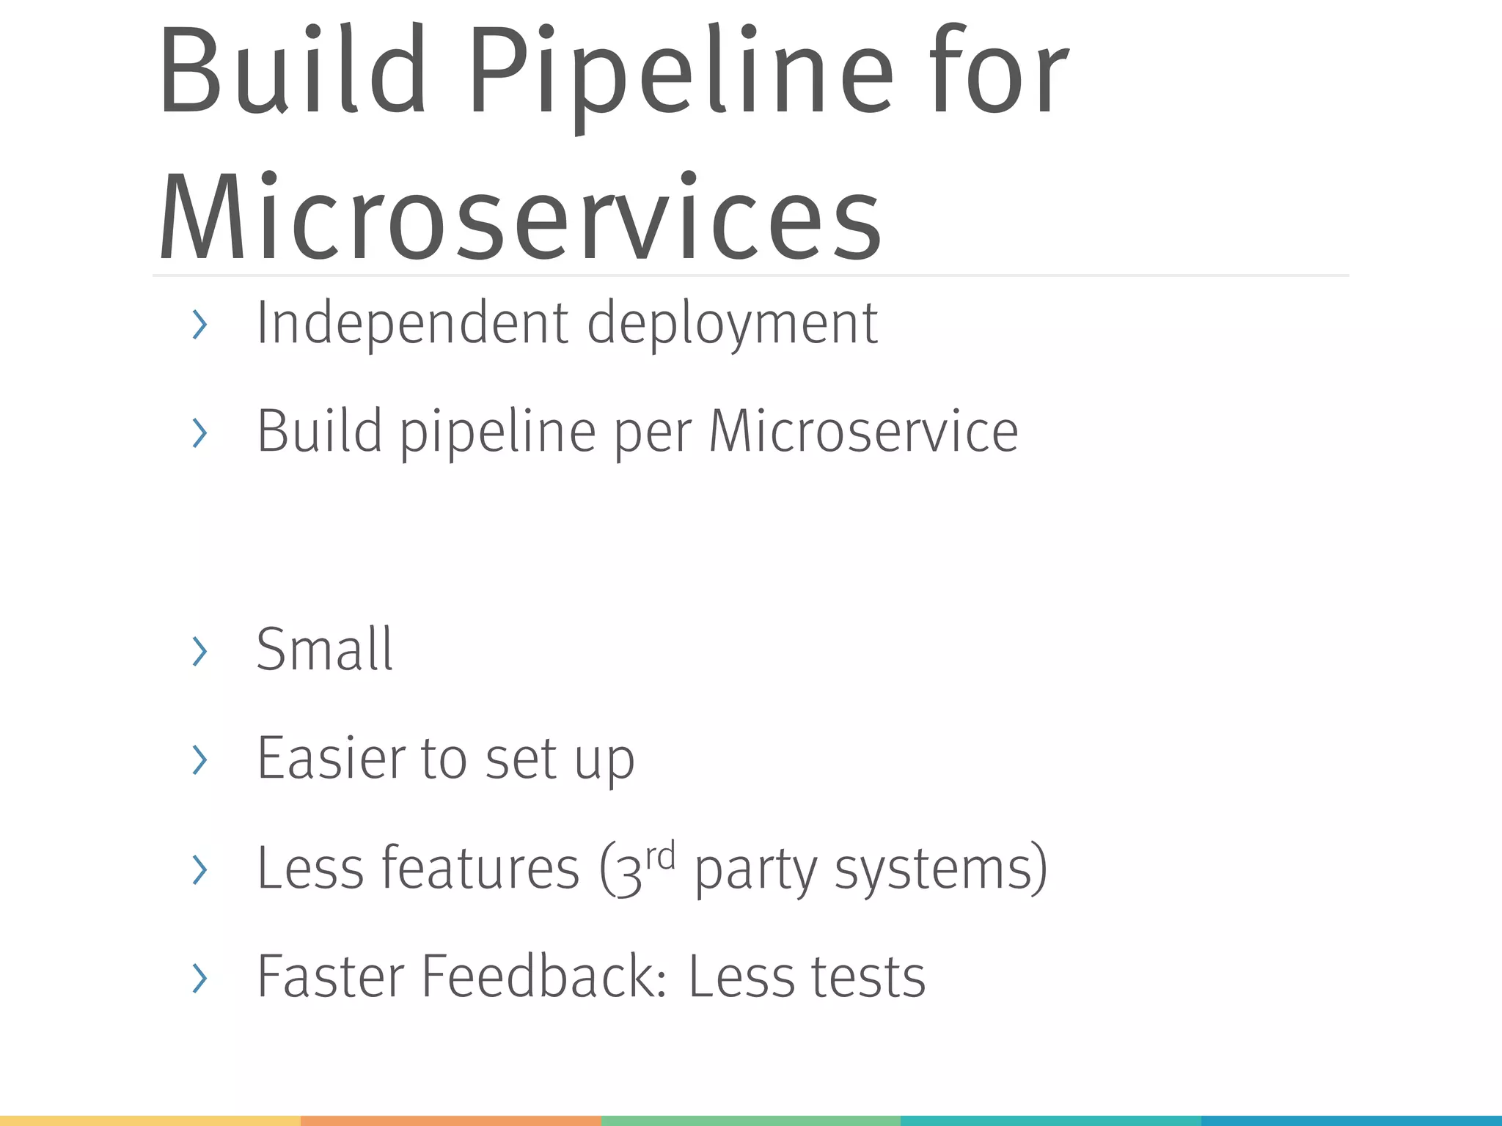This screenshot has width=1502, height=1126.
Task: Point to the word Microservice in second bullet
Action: [x=863, y=432]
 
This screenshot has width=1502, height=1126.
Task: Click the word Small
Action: [x=324, y=650]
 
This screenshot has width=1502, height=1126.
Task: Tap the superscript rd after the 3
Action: [x=660, y=856]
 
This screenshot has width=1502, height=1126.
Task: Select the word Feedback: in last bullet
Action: [x=543, y=976]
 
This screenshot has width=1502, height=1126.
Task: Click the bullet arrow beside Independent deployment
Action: [x=199, y=324]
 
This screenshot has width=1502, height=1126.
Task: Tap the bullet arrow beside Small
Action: [x=199, y=651]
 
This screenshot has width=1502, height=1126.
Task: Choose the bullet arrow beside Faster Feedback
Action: [x=199, y=978]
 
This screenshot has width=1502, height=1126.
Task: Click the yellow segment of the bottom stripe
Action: [x=150, y=1121]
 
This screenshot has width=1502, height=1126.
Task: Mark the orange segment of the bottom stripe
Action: [x=450, y=1121]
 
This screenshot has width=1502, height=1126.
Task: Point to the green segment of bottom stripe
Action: [x=750, y=1121]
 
